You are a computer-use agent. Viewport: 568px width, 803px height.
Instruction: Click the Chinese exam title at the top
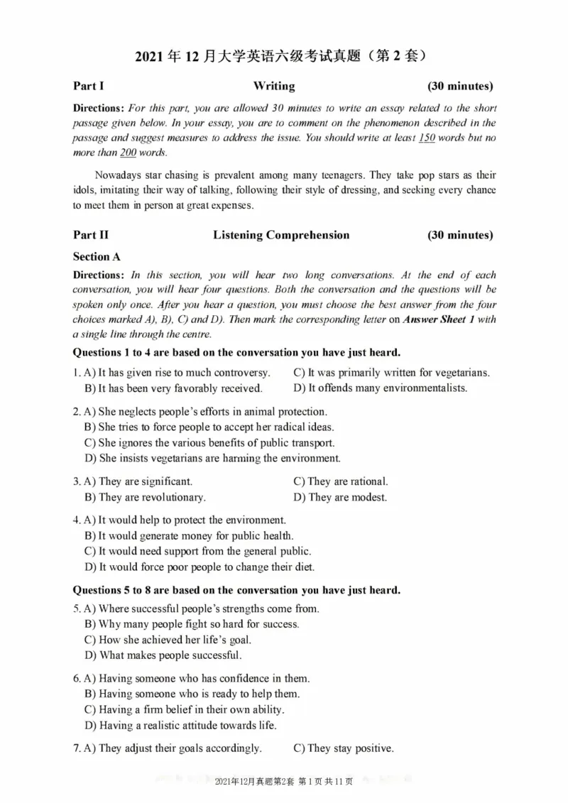[x=283, y=55]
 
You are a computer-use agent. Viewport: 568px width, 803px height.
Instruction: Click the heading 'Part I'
[x=89, y=86]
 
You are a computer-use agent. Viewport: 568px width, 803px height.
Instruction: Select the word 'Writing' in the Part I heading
[x=273, y=86]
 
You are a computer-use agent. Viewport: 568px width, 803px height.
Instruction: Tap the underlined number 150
[x=426, y=138]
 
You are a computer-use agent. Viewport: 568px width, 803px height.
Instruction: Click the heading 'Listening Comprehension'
[x=281, y=235]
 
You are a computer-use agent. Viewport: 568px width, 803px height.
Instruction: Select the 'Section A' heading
[x=97, y=256]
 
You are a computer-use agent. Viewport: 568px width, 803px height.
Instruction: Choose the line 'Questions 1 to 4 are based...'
[x=236, y=352]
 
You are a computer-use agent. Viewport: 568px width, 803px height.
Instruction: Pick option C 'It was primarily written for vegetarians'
[x=391, y=372]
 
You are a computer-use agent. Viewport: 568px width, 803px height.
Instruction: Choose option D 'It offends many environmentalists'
[x=380, y=388]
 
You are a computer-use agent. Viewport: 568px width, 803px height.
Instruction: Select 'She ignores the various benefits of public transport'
[x=209, y=443]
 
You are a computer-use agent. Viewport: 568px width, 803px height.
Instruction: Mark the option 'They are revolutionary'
[x=145, y=497]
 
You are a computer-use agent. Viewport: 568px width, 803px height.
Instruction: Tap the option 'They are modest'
[x=340, y=497]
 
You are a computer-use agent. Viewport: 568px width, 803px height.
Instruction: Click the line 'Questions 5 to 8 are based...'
[x=236, y=590]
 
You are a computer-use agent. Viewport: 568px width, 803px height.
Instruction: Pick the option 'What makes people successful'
[x=163, y=655]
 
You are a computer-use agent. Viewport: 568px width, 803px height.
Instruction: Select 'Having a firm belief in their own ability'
[x=184, y=709]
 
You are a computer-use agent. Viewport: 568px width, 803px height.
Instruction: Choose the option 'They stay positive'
[x=343, y=748]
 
